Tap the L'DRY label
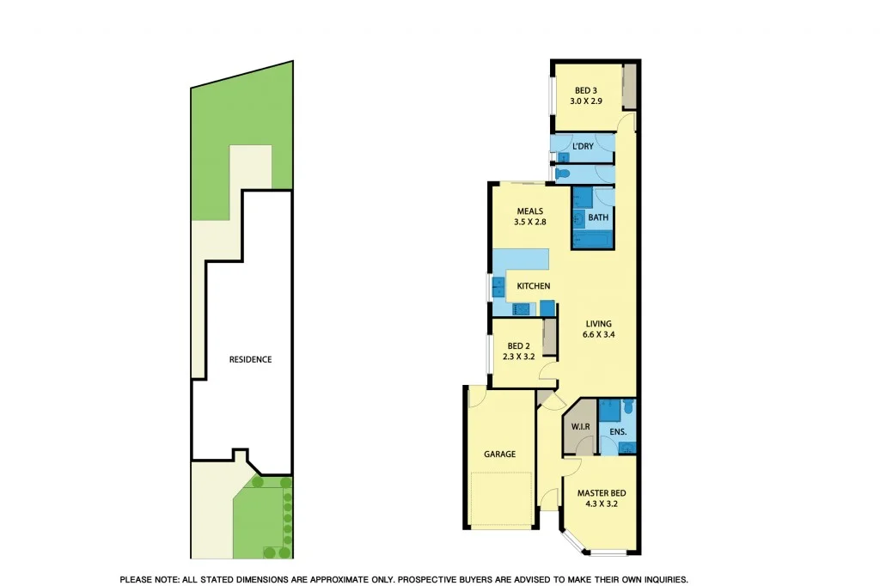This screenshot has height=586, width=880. [583, 146]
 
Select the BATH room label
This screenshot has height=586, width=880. [598, 217]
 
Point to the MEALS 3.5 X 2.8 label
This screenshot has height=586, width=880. [530, 216]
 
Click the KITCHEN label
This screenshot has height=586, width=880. [533, 286]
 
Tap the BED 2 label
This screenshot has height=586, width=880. [517, 351]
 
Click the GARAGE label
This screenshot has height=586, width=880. [499, 454]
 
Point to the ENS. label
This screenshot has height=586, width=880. [617, 431]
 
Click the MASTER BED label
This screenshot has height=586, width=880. [601, 498]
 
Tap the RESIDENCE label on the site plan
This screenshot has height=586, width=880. [250, 359]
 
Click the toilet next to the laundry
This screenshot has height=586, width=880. [563, 174]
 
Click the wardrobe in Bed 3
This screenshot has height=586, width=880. [630, 87]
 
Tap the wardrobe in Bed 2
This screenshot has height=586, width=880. [550, 338]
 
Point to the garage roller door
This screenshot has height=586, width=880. [503, 498]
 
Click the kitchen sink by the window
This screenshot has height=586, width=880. [498, 286]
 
